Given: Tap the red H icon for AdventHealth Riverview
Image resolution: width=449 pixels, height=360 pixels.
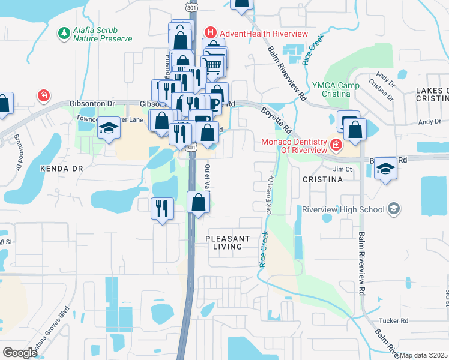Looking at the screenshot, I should tap(210, 32).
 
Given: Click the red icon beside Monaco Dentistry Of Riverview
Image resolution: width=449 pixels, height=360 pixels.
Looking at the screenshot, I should tap(336, 145).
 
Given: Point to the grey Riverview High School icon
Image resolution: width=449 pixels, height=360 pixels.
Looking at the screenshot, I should tap(394, 209).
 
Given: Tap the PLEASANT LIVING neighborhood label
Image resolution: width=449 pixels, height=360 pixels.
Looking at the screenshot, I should tap(228, 242).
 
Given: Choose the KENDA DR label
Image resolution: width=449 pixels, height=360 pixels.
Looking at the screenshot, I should tap(61, 169).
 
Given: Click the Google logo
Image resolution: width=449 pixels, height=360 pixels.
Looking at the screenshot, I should tap(20, 352).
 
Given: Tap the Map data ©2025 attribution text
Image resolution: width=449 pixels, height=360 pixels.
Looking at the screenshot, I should tap(423, 355).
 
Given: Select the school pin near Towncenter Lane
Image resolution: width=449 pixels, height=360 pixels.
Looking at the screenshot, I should tap(109, 128).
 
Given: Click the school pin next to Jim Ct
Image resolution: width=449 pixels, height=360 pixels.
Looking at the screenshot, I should tap(385, 169).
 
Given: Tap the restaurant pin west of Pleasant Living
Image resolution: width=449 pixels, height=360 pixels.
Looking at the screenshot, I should tap(162, 208).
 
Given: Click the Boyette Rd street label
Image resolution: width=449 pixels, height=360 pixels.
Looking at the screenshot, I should tap(276, 121).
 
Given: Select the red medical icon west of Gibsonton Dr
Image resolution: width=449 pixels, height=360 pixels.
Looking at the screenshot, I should tap(43, 95).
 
